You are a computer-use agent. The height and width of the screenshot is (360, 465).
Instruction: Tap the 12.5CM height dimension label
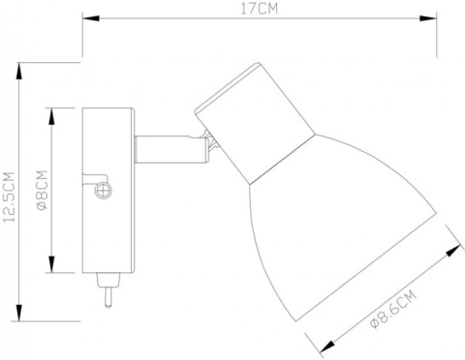click(9, 195)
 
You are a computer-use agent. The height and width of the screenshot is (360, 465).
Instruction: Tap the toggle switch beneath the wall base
click(108, 289)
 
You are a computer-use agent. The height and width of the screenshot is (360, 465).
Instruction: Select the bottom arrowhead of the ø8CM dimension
click(54, 267)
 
